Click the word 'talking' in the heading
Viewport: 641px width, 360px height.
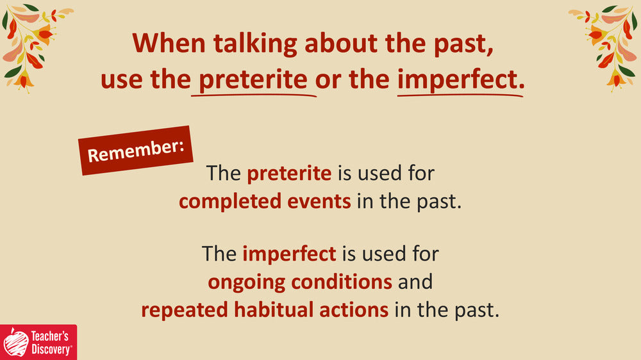tap(255, 44)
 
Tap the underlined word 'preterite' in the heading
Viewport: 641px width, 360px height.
tap(253, 79)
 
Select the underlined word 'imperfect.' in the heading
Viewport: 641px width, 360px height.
tap(461, 79)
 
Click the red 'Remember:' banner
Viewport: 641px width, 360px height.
tap(136, 151)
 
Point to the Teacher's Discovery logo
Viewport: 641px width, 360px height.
tap(38, 343)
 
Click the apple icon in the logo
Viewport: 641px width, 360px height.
tap(15, 343)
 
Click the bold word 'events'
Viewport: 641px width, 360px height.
tap(319, 202)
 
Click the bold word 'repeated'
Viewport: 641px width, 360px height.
tap(185, 311)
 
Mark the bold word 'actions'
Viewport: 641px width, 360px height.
tap(354, 310)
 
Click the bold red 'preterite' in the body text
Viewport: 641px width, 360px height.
tap(289, 174)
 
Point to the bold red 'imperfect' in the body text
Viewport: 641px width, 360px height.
tap(289, 254)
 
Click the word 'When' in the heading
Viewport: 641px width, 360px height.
tap(169, 44)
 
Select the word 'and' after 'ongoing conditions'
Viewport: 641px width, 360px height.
tap(415, 282)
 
